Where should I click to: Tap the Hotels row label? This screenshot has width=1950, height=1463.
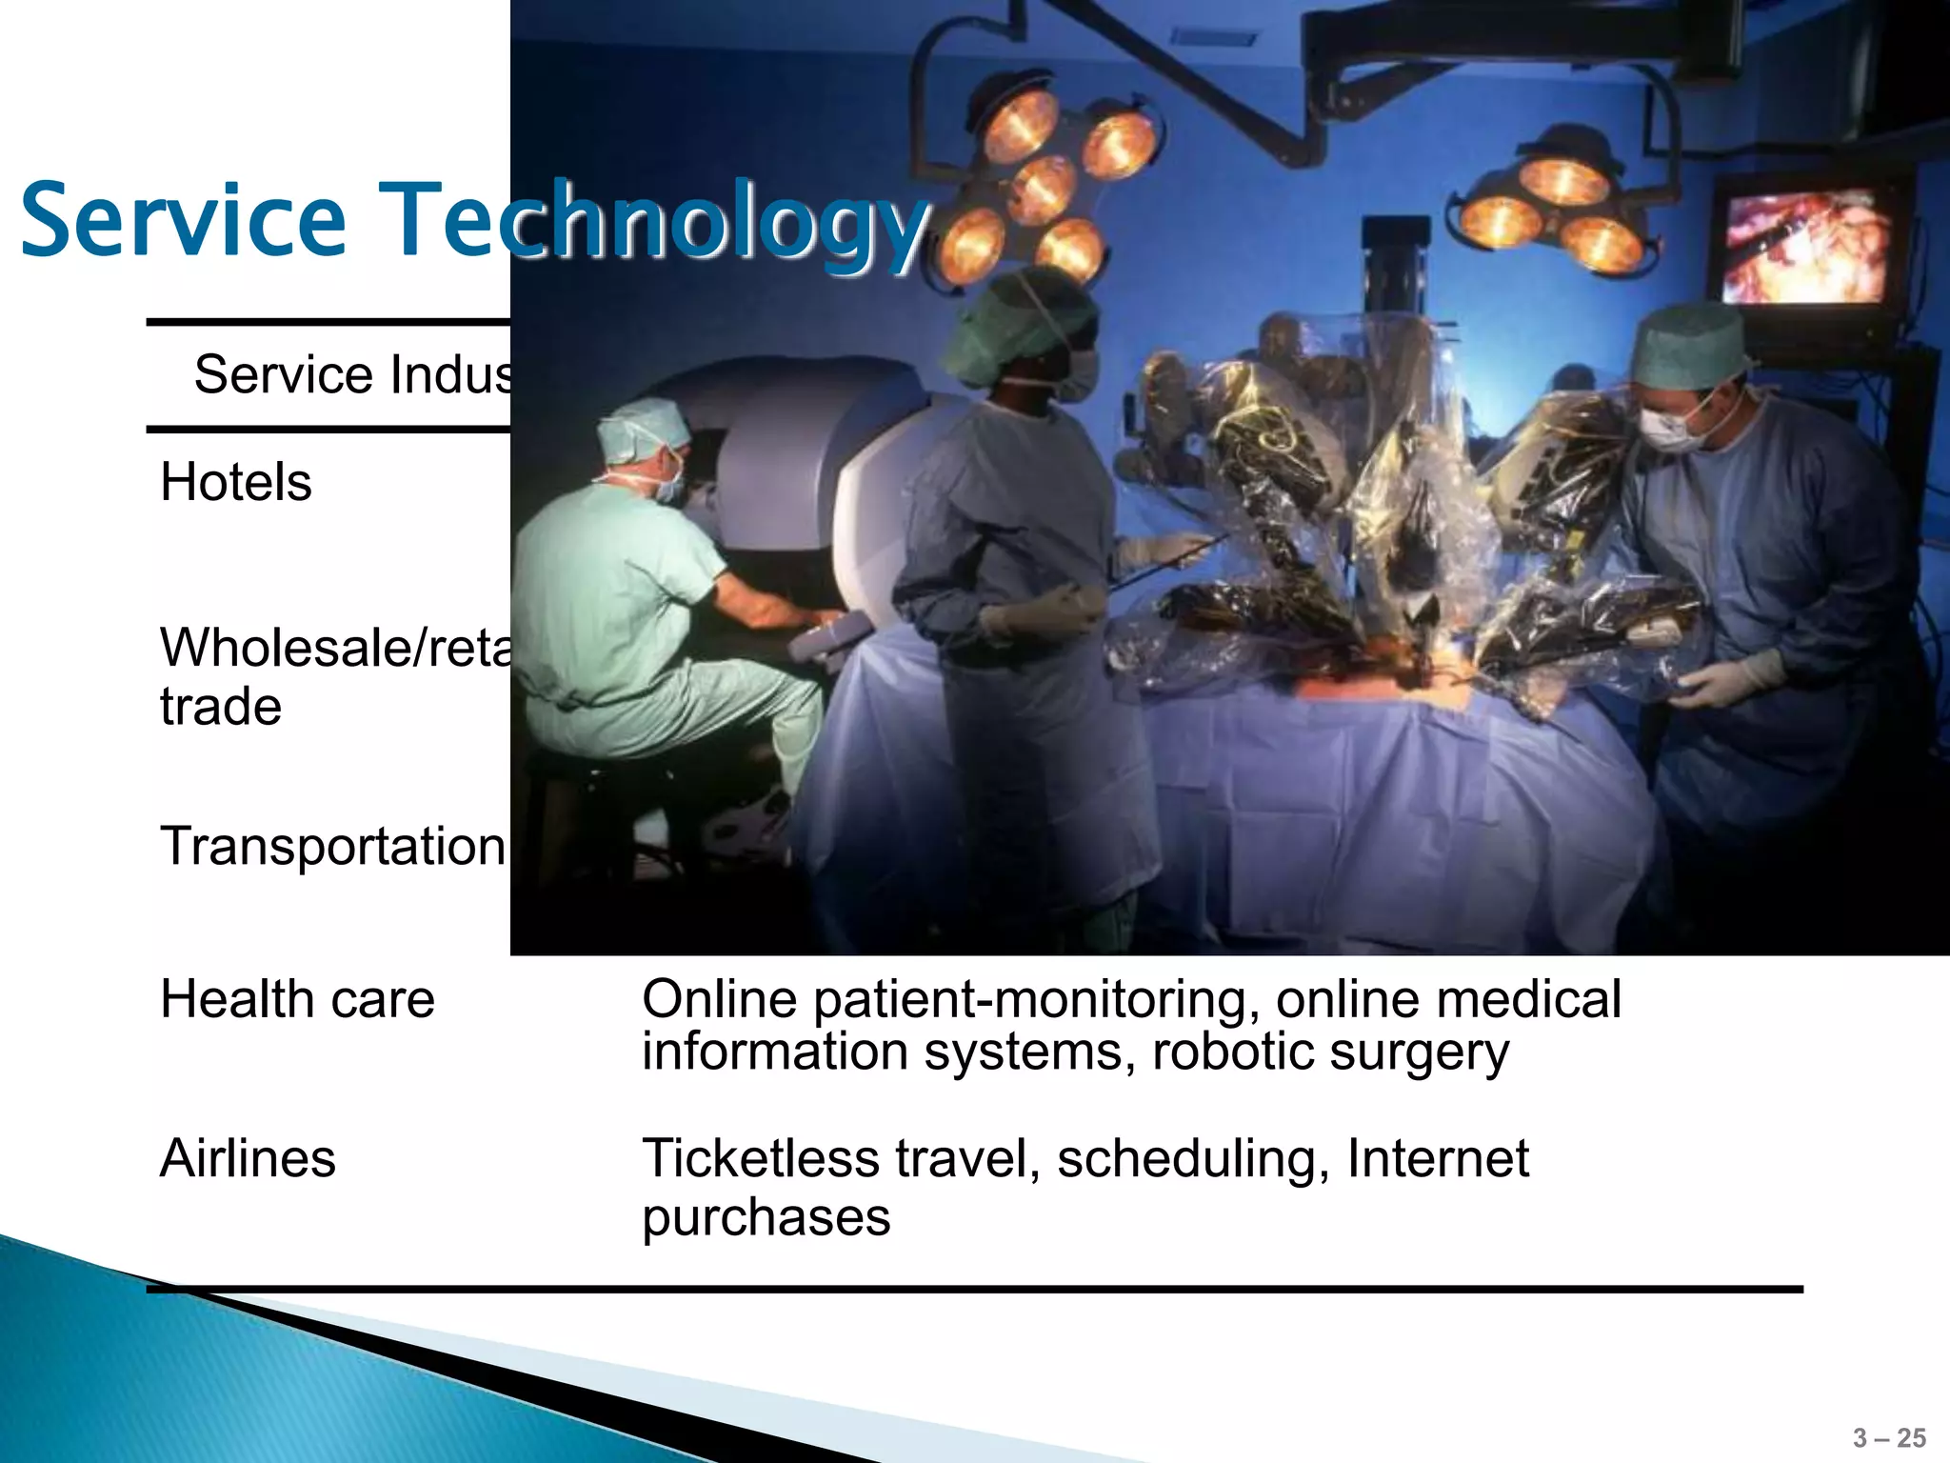[236, 482]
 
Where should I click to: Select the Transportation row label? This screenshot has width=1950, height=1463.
[332, 846]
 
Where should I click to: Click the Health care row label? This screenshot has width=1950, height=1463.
[297, 1000]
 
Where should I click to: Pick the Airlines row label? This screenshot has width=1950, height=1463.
[248, 1159]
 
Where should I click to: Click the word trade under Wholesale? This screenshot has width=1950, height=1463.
[221, 708]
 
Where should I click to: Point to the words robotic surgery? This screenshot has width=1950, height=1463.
[1330, 1052]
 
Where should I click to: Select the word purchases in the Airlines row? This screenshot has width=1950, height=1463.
[766, 1218]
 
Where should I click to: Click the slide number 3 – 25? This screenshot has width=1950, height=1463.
[1889, 1438]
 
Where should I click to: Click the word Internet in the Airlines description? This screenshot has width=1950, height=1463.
[1438, 1159]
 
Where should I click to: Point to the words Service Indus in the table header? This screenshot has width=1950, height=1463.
[352, 374]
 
